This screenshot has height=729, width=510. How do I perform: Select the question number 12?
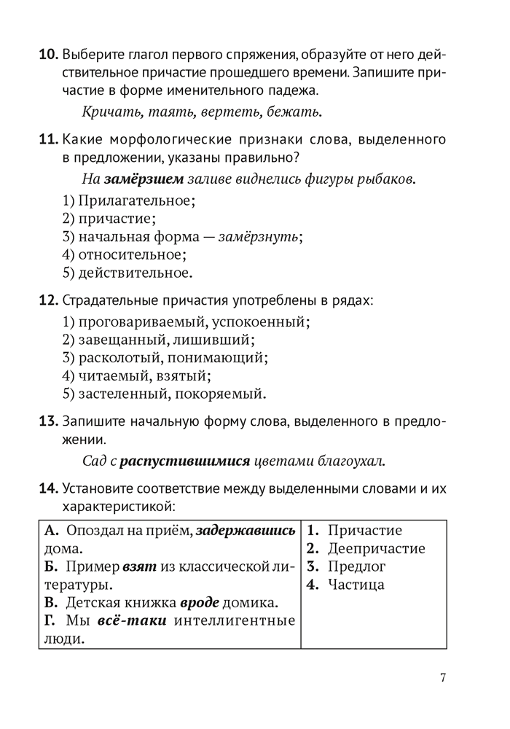(48, 300)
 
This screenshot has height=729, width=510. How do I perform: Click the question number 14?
(48, 488)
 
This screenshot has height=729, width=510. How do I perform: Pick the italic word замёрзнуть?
(263, 236)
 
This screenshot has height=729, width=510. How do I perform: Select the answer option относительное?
(132, 254)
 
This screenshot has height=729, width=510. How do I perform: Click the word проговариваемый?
(135, 321)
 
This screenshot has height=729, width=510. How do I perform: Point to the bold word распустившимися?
(185, 461)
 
